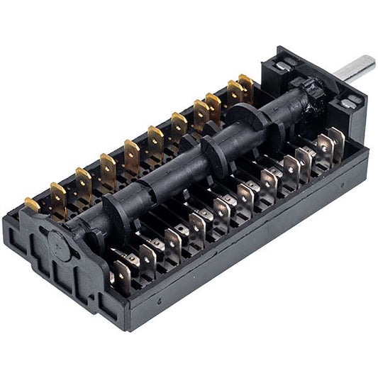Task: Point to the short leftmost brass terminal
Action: pos(32,206)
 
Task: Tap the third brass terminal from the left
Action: pos(84,182)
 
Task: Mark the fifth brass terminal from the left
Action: pos(132,155)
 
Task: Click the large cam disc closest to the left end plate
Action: pos(116,209)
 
